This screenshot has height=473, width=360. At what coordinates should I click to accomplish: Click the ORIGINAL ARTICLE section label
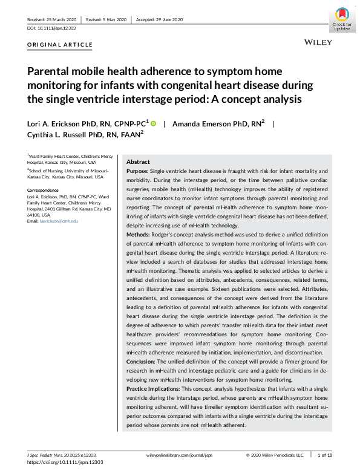(x=60, y=45)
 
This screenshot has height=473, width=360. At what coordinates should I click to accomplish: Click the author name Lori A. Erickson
(x=59, y=123)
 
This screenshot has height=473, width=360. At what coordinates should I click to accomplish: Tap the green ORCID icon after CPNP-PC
(x=153, y=123)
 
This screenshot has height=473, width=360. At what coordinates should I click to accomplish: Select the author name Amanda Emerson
(x=204, y=123)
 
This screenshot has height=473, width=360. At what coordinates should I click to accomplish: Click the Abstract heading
(x=139, y=162)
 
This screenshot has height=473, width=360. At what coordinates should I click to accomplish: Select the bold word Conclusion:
(x=142, y=361)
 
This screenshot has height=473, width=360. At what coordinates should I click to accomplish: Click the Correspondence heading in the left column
(x=44, y=189)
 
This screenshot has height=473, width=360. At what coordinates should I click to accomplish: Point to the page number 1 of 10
(x=326, y=454)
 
